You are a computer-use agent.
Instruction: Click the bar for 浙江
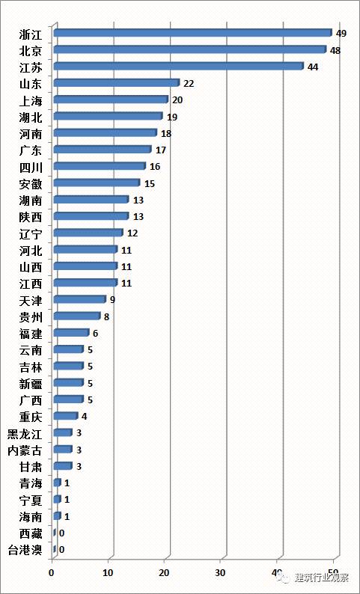pos(193,33)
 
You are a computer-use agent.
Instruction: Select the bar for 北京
pos(190,49)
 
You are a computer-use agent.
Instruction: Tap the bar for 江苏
pos(179,67)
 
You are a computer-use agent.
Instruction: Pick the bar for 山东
pos(117,83)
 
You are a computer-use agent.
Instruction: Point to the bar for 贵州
pos(77,316)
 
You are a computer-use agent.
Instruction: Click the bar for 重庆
pos(66,416)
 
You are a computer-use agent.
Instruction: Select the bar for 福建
pos(71,333)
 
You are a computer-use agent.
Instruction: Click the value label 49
pos(341,34)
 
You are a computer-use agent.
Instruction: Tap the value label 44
pos(313,67)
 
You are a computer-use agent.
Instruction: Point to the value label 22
pos(189,84)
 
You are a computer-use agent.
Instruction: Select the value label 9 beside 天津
pos(112,300)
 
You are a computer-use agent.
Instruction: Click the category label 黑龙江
pos(25,434)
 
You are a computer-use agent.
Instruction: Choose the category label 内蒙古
pos(25,450)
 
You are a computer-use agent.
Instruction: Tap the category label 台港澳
pos(25,550)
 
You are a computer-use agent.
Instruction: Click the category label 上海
pos(31,101)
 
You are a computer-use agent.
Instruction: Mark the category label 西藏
pos(31,533)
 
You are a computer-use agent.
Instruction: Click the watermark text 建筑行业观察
pos(321,578)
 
